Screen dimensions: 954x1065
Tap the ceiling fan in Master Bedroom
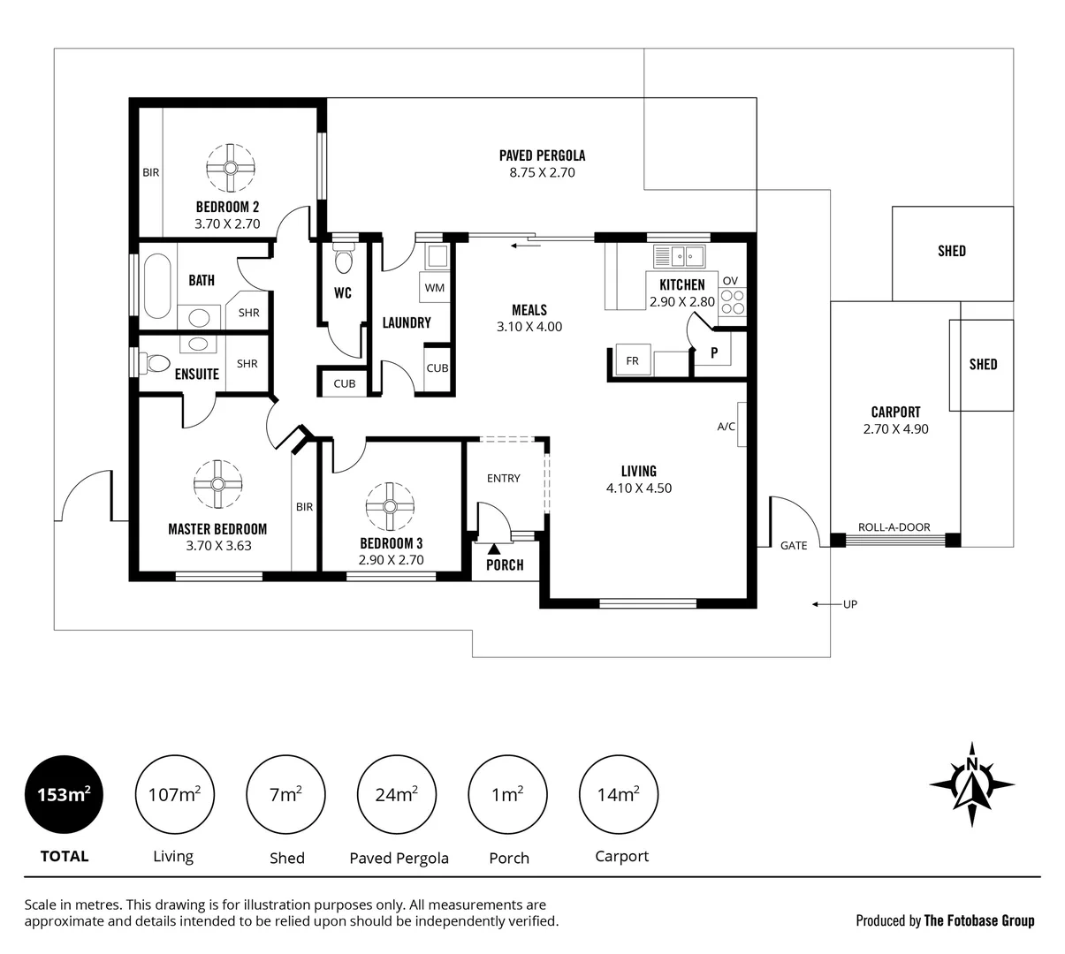pyautogui.click(x=217, y=483)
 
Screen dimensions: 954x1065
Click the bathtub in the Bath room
pyautogui.click(x=156, y=285)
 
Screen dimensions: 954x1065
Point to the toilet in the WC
pyautogui.click(x=343, y=259)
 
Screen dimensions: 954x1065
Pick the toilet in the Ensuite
pyautogui.click(x=156, y=362)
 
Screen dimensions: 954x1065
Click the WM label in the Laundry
pyautogui.click(x=434, y=288)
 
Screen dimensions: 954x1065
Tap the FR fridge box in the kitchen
pyautogui.click(x=632, y=360)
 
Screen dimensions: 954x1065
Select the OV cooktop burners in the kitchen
pyautogui.click(x=733, y=302)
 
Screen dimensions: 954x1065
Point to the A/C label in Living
pyautogui.click(x=726, y=427)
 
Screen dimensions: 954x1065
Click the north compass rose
pyautogui.click(x=971, y=784)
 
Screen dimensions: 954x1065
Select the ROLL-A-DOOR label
pyautogui.click(x=894, y=527)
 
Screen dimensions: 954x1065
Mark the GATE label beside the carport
pyautogui.click(x=794, y=546)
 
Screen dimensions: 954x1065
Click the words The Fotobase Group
pyautogui.click(x=978, y=920)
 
